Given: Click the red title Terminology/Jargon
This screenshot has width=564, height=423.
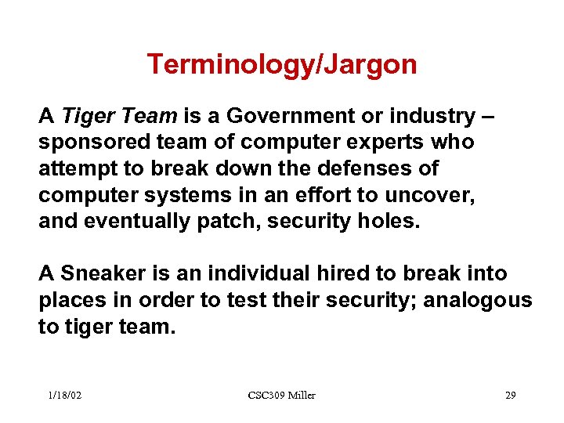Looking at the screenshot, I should click(282, 64).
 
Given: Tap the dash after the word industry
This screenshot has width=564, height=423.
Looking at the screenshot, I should click(488, 117).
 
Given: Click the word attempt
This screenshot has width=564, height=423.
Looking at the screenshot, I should click(73, 169).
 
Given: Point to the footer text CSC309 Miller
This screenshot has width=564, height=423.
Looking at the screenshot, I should click(281, 396).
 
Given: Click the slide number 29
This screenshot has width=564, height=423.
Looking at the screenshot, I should click(510, 396).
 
